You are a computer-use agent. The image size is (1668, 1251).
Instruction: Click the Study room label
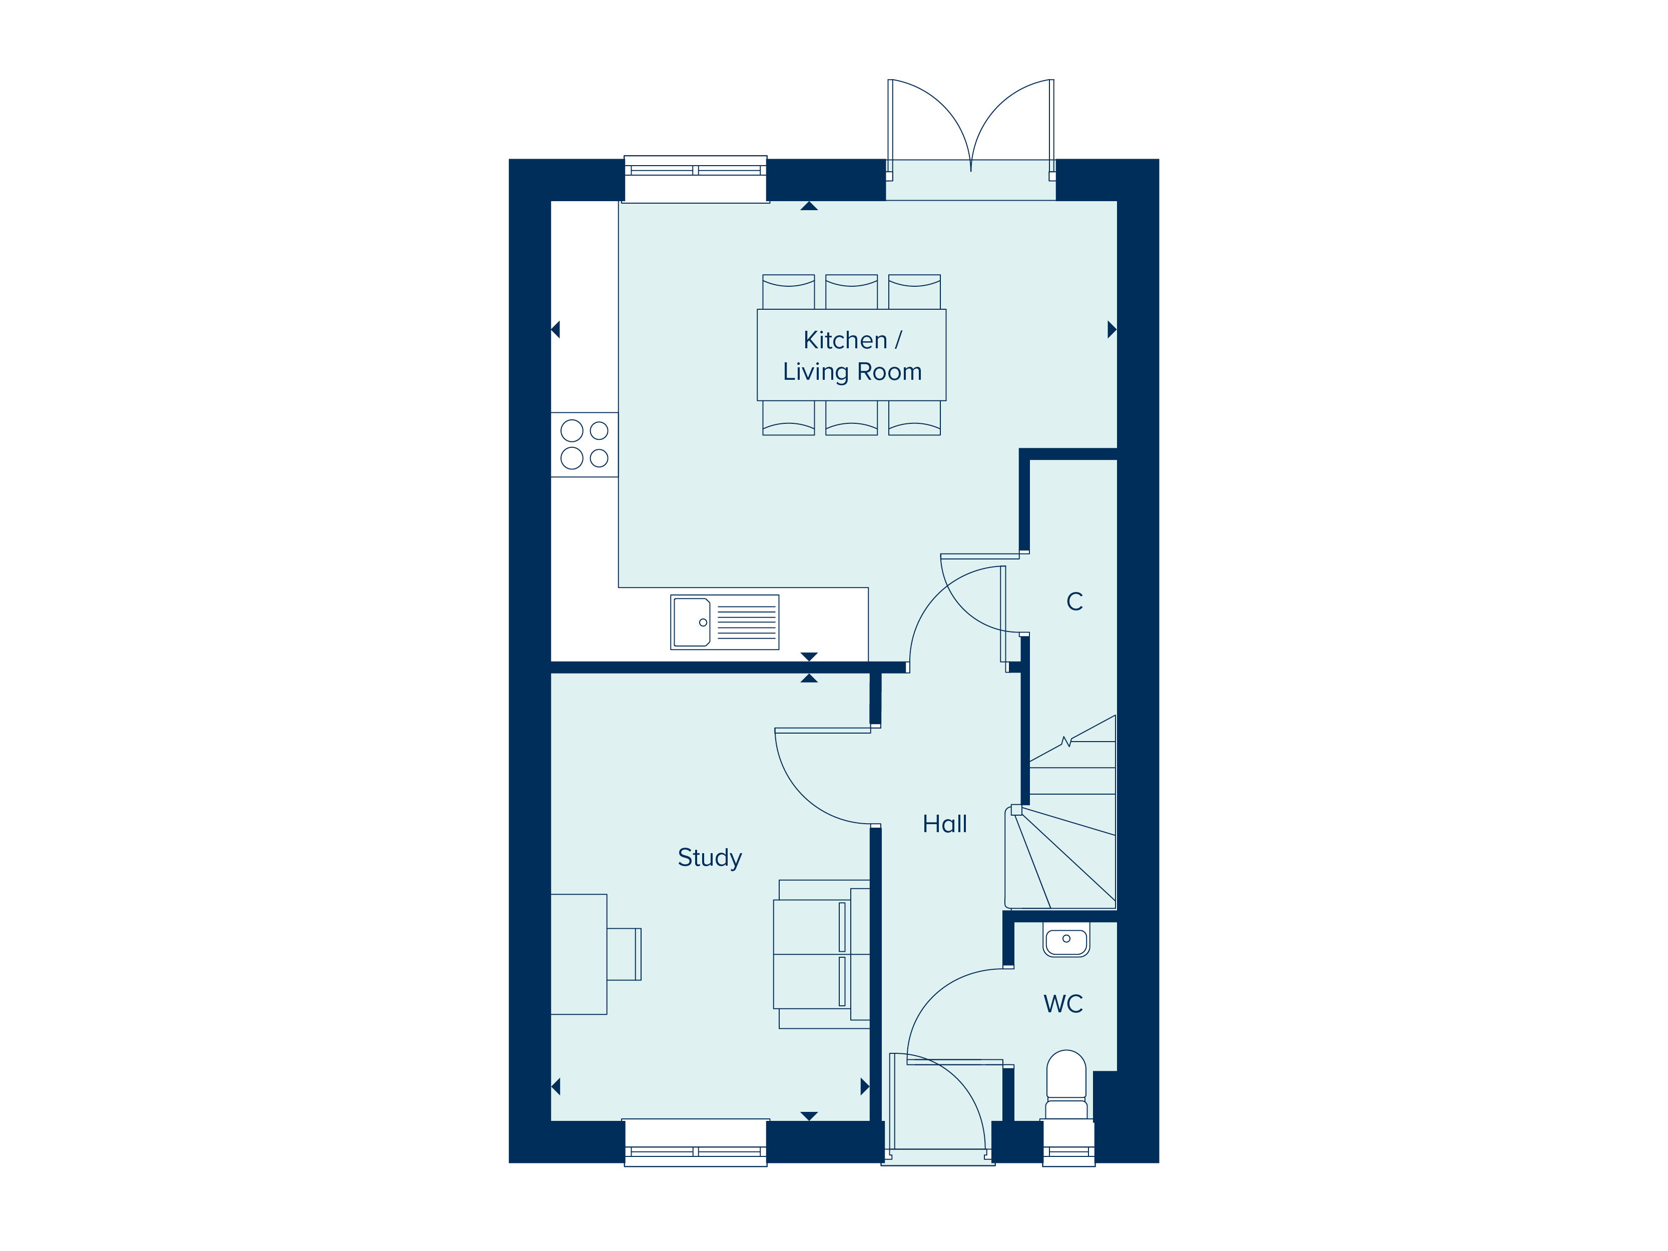coord(710,858)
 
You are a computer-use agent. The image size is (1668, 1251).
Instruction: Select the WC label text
coord(1063,1004)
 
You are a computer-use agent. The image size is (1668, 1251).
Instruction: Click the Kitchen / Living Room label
coord(852,356)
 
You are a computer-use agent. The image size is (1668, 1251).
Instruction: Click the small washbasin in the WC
coord(1066,940)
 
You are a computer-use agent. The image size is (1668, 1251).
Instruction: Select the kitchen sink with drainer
coord(725,622)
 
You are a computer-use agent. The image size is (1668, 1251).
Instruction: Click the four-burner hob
coord(585,445)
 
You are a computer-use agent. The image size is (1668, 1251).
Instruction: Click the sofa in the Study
coord(822,954)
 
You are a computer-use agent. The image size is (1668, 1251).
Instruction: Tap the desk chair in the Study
coord(624,954)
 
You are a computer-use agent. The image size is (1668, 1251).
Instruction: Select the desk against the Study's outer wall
coord(579,954)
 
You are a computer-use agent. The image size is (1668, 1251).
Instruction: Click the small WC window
coord(1068,1143)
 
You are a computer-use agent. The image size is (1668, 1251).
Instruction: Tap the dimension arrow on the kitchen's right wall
coord(1111,330)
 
